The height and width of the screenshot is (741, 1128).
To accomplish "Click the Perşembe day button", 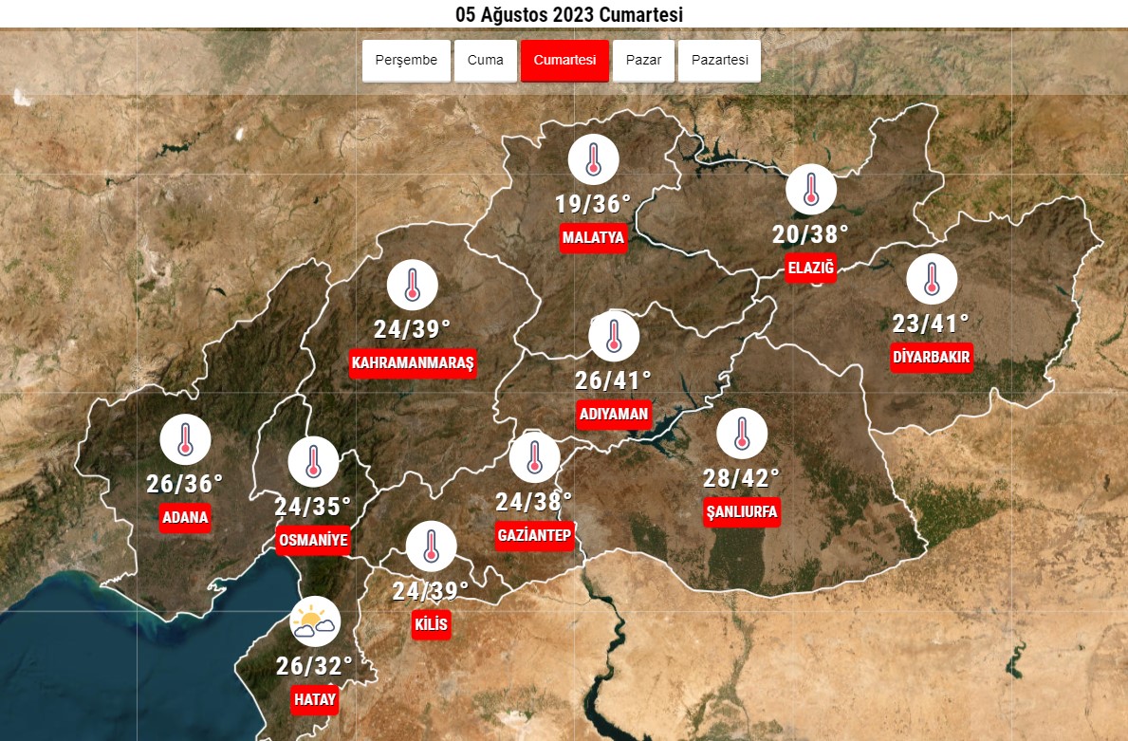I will pyautogui.click(x=406, y=61).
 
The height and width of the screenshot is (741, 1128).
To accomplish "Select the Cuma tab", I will pyautogui.click(x=486, y=61).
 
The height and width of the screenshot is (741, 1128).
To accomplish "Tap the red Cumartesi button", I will pyautogui.click(x=564, y=61).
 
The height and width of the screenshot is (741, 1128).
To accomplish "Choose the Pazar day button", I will pyautogui.click(x=643, y=61).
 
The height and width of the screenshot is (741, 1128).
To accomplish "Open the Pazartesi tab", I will pyautogui.click(x=719, y=61).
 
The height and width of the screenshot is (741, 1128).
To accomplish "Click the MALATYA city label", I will pyautogui.click(x=593, y=237).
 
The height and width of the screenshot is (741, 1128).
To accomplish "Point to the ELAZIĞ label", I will pyautogui.click(x=811, y=269).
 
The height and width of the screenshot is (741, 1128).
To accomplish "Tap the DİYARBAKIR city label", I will pyautogui.click(x=931, y=358).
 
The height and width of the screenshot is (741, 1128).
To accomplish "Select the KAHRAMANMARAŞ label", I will pyautogui.click(x=412, y=363).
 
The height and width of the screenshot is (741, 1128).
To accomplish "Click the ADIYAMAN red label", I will pyautogui.click(x=614, y=414).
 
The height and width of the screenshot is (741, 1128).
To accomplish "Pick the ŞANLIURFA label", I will pyautogui.click(x=742, y=512).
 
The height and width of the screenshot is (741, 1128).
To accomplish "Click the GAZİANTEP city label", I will pyautogui.click(x=534, y=536).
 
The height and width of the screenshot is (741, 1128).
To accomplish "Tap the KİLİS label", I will pyautogui.click(x=431, y=625).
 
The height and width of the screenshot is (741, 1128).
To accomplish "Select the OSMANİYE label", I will pyautogui.click(x=313, y=541).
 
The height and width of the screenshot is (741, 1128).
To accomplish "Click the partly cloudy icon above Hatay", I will pyautogui.click(x=314, y=621).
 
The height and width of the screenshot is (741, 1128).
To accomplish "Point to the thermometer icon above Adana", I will pyautogui.click(x=185, y=440).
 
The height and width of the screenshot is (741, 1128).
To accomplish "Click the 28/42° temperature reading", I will pyautogui.click(x=741, y=476).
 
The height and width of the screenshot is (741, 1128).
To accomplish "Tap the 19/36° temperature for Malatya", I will pyautogui.click(x=593, y=204).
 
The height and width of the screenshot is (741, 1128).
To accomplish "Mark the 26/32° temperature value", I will pyautogui.click(x=314, y=666).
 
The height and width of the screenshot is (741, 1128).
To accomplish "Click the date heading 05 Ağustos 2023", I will pyautogui.click(x=569, y=14).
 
